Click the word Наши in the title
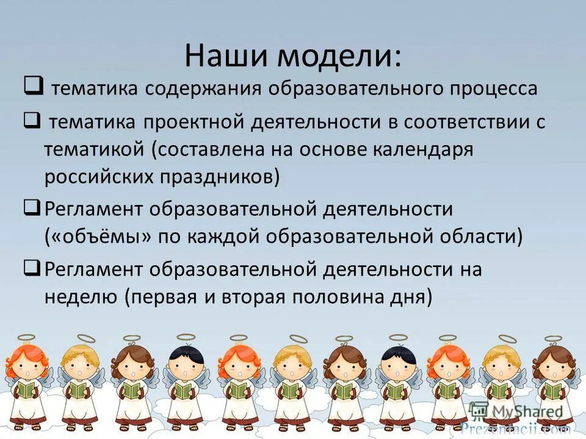tap(226, 56)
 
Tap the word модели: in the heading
tap(340, 56)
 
